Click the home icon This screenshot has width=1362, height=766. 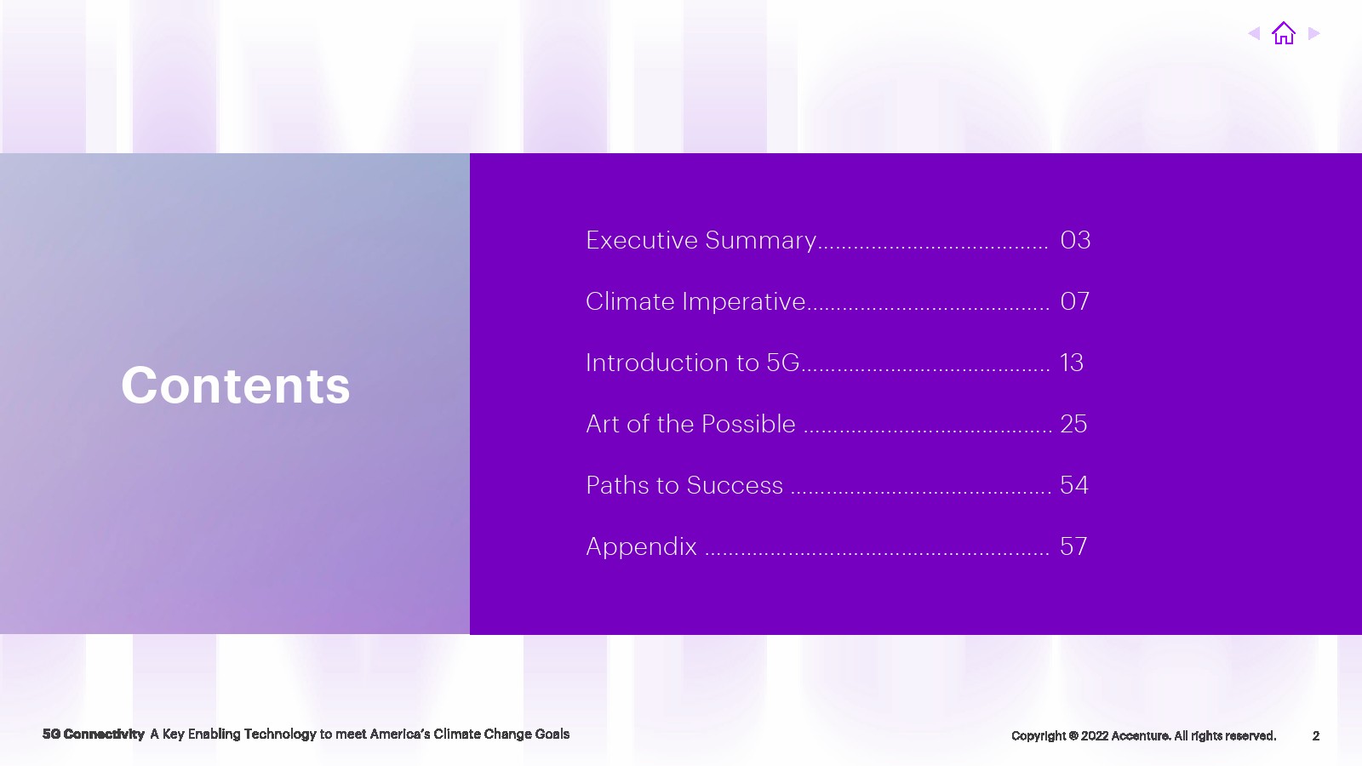click(1284, 33)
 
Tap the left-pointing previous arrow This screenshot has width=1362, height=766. click(1254, 33)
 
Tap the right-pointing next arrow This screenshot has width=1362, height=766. click(1314, 33)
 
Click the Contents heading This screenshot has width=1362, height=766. click(235, 385)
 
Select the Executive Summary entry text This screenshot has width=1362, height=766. click(701, 240)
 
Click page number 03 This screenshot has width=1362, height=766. click(1075, 240)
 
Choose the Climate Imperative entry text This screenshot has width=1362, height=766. click(695, 301)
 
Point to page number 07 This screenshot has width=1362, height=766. click(1074, 301)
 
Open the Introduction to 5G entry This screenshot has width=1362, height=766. click(692, 363)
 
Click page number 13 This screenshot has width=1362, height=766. click(1072, 363)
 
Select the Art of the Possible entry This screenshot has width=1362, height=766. click(690, 424)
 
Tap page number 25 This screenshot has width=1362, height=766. click(1073, 424)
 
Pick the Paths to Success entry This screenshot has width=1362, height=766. click(684, 485)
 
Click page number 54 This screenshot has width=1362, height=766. click(1073, 485)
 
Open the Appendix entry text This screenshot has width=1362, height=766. click(641, 546)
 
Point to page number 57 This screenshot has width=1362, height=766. click(1073, 546)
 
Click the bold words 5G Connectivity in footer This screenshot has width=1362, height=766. click(94, 735)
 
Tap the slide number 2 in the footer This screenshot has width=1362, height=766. click(1316, 735)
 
